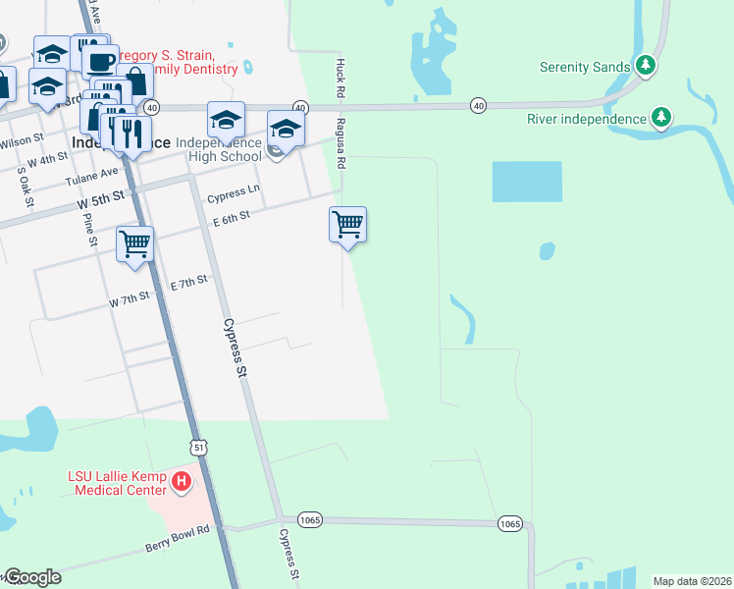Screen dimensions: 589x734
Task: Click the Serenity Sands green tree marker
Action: [645, 67]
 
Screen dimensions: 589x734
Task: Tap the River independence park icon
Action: [662, 119]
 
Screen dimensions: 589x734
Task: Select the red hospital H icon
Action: [181, 482]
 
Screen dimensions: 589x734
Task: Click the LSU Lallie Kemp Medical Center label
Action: [118, 482]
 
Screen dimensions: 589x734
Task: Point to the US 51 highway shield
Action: [199, 447]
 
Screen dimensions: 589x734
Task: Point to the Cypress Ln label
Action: [234, 192]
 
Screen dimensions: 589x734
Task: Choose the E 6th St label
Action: [233, 219]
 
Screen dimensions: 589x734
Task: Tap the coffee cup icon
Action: [98, 62]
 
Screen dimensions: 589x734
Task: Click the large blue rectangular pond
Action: [526, 182]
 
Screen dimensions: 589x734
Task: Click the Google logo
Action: [31, 577]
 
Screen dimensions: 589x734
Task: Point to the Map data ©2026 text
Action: [691, 581]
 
